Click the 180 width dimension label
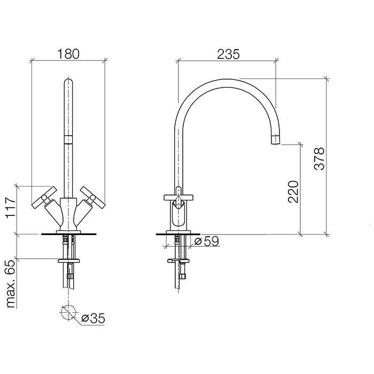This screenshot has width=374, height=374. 68,53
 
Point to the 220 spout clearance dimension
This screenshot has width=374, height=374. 293,190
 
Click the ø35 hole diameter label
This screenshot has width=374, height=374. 93,318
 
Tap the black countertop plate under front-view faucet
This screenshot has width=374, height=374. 68,233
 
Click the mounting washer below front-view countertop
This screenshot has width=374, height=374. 68,261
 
